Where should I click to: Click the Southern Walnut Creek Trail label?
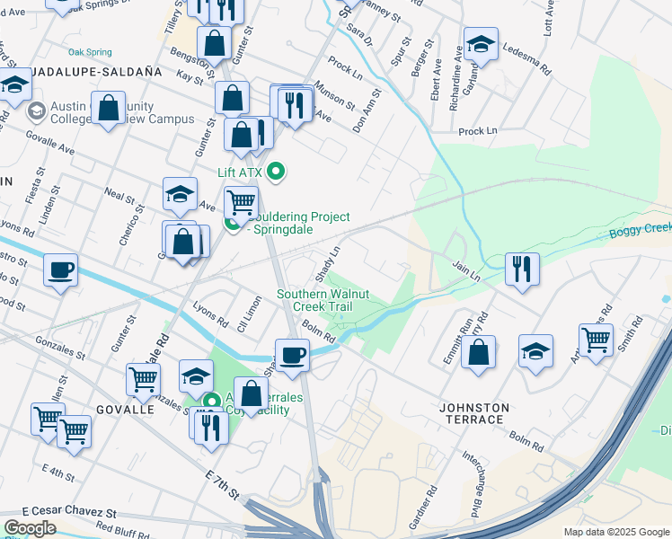tap(314, 300)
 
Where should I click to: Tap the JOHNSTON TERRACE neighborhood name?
tap(473, 413)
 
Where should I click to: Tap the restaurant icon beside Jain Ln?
tap(521, 268)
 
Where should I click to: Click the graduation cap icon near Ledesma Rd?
tap(480, 44)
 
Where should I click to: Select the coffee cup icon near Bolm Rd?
tap(291, 354)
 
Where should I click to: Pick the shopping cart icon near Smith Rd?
tap(596, 340)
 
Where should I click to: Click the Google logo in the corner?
tap(29, 528)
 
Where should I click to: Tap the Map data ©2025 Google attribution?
tap(616, 532)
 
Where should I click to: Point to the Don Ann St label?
tap(367, 110)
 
